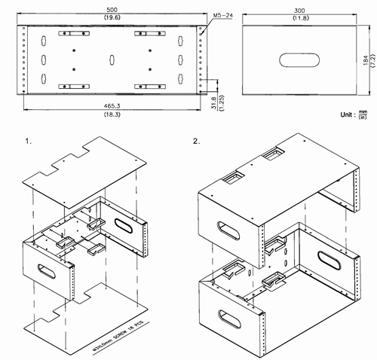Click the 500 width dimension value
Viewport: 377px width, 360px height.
[x=112, y=5]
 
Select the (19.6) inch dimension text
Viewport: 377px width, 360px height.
[x=112, y=14]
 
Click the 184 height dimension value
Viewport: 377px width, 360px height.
[x=363, y=59]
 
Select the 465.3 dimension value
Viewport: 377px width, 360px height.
[x=112, y=108]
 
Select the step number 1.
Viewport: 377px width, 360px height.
[x=28, y=142]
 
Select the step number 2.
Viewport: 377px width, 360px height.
[x=197, y=142]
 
